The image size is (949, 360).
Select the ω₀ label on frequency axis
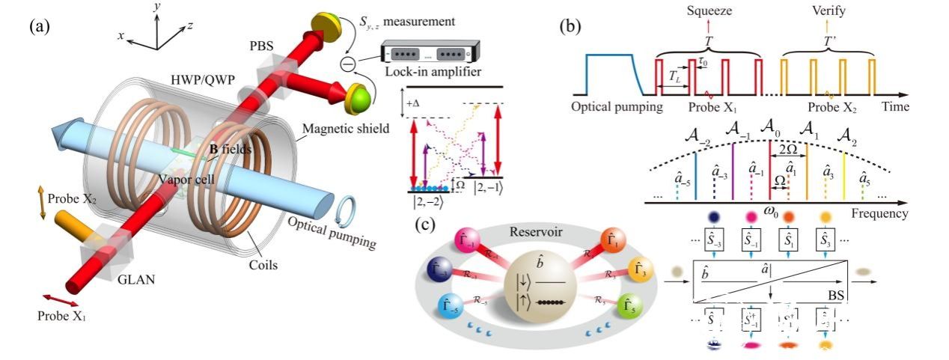768,214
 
